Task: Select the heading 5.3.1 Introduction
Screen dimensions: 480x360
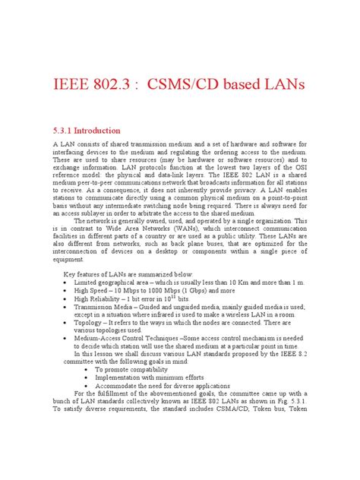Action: (x=85, y=130)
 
